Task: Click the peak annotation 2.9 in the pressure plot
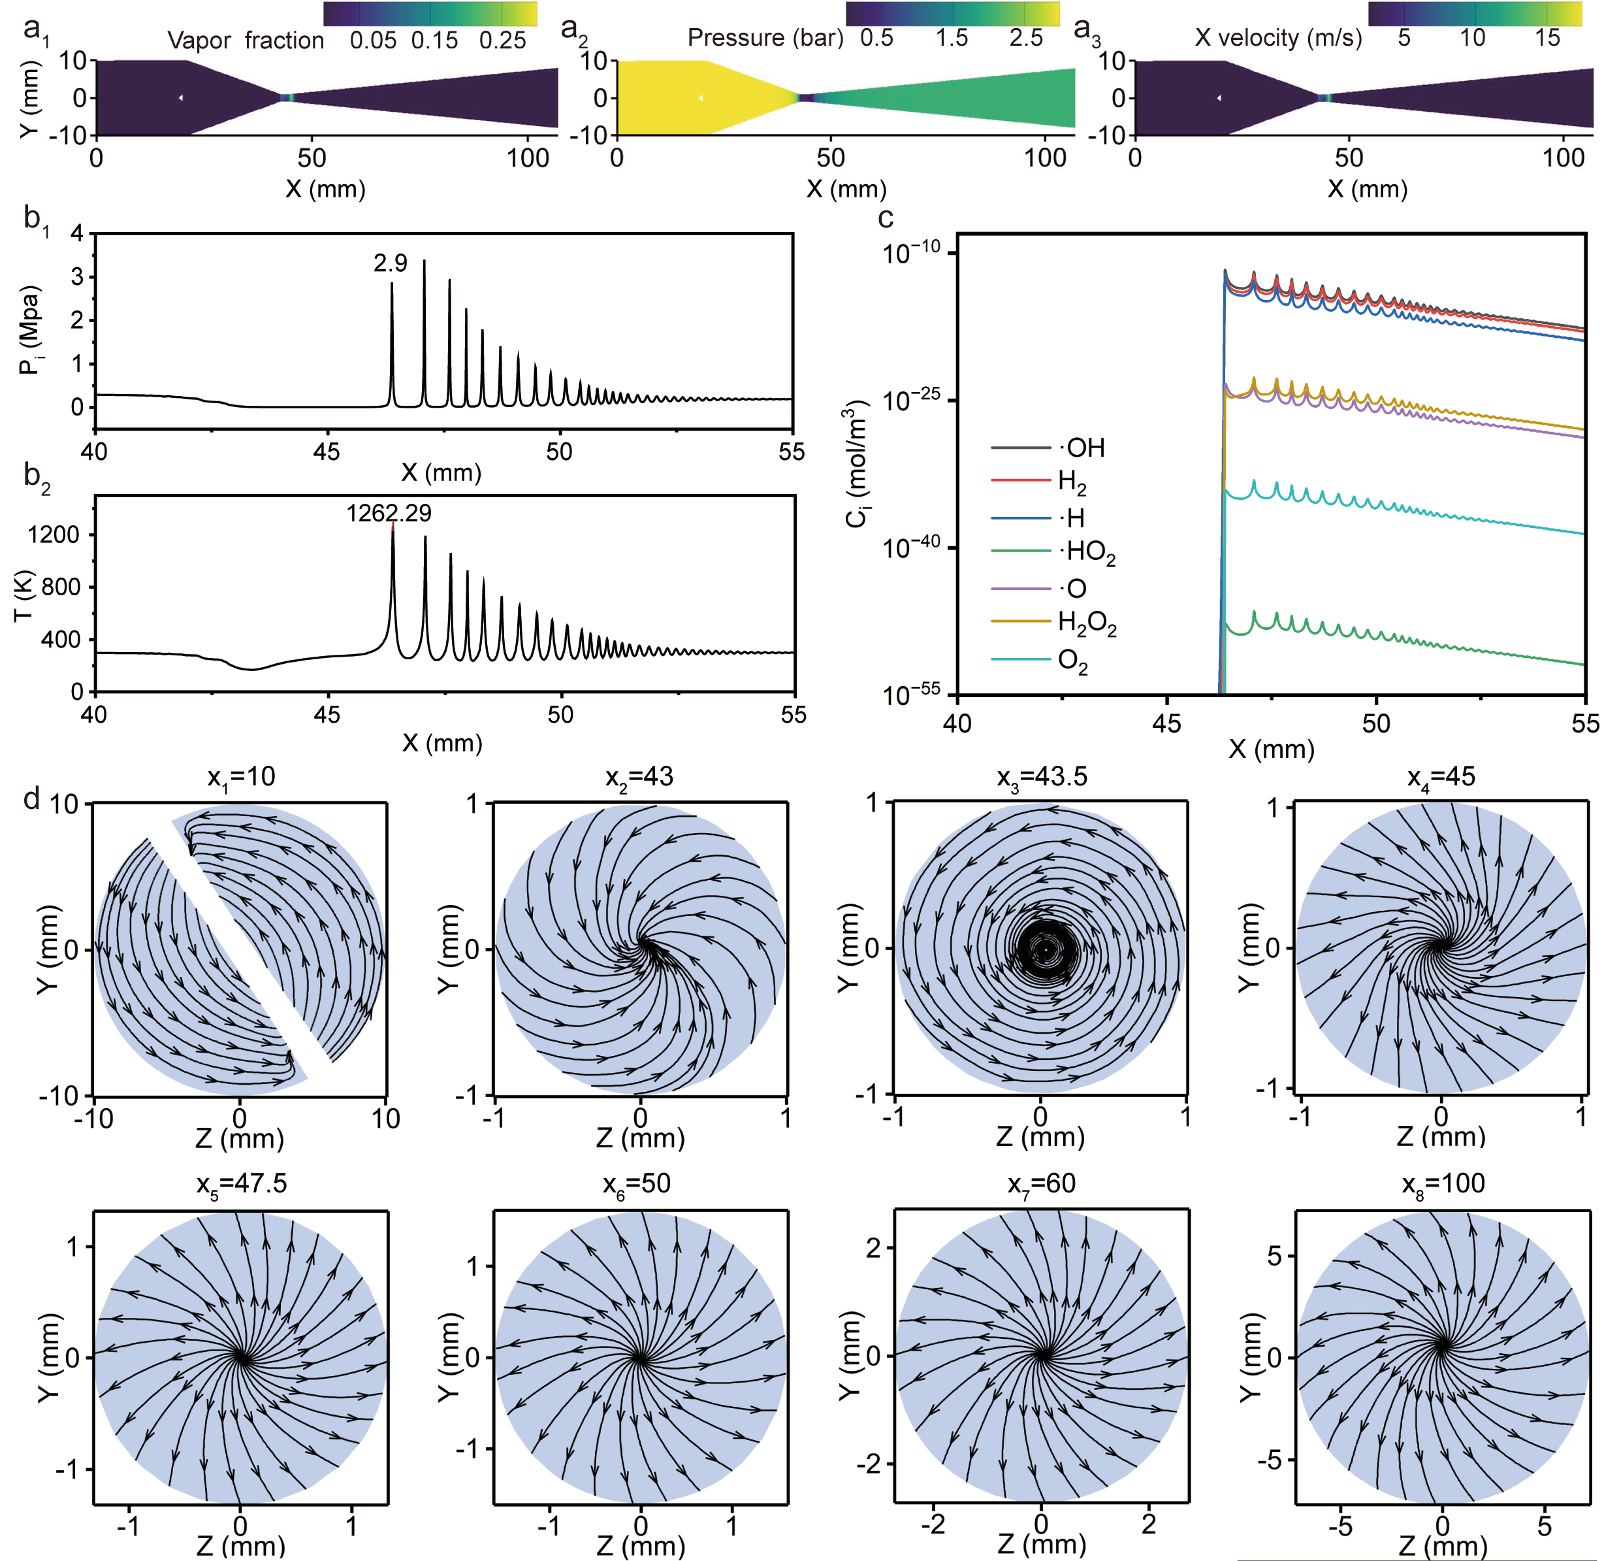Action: [390, 263]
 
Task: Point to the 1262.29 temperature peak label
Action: [389, 513]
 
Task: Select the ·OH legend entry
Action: [1084, 448]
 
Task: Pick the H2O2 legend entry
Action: [1087, 624]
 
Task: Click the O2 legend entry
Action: [1072, 661]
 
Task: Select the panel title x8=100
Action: [1443, 1184]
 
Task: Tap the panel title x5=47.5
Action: [241, 1184]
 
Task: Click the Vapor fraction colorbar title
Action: [246, 40]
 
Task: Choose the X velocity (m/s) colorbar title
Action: [1278, 38]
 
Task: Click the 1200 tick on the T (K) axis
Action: [54, 535]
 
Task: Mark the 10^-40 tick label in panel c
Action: [910, 547]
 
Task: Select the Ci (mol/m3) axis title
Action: [856, 464]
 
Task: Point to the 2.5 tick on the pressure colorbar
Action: [1026, 38]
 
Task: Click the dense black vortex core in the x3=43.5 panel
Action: [1044, 949]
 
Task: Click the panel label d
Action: [32, 798]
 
